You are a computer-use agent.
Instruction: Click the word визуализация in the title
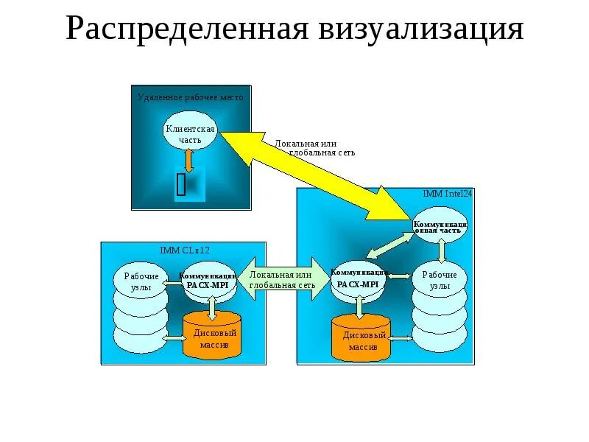[x=421, y=29]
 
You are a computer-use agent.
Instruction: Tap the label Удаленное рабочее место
[x=190, y=97]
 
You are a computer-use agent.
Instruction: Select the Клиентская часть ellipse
[x=190, y=133]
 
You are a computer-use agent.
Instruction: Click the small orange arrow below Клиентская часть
[x=189, y=160]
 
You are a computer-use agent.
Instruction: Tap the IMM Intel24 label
[x=447, y=194]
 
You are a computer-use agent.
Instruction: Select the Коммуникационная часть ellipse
[x=440, y=225]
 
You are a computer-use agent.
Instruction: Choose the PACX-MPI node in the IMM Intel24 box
[x=359, y=281]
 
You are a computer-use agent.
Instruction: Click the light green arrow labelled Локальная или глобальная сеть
[x=282, y=279]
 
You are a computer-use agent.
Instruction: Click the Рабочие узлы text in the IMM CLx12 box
[x=135, y=281]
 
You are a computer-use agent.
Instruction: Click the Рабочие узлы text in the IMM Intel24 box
[x=440, y=279]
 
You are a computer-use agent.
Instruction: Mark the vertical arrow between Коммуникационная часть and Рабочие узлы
[x=440, y=250]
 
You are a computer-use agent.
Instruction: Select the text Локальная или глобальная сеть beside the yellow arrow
[x=315, y=147]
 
